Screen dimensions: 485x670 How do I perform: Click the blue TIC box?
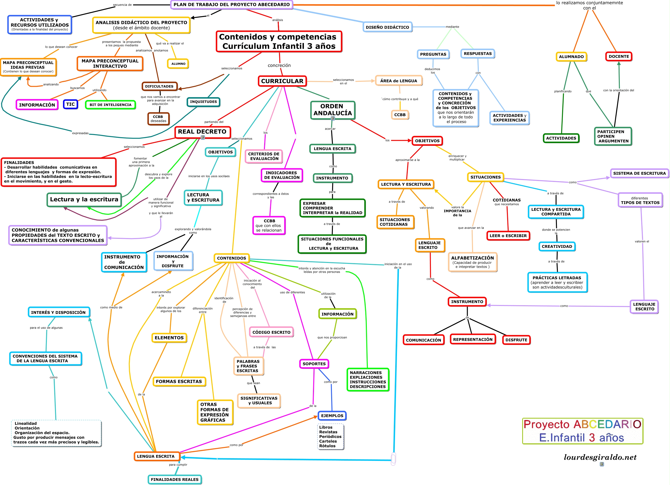[70, 104]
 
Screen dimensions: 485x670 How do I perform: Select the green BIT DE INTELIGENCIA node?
[110, 105]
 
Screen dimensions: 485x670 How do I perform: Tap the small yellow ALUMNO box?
[178, 64]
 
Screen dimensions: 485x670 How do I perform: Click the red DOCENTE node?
[619, 56]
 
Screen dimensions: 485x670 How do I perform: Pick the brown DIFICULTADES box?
[159, 87]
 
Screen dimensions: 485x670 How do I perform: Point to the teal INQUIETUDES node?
[203, 102]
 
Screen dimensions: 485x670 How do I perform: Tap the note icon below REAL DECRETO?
[203, 138]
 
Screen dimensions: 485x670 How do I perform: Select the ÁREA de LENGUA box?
[399, 81]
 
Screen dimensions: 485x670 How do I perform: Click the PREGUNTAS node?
[433, 54]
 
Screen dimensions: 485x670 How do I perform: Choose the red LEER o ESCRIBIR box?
[508, 236]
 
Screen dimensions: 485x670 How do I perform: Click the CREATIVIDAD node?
[557, 246]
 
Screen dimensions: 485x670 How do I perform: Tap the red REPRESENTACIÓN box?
[473, 339]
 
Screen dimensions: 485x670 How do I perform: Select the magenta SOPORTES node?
[314, 364]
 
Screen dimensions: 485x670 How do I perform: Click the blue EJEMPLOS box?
[332, 416]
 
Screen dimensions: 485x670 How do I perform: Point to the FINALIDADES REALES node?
[175, 480]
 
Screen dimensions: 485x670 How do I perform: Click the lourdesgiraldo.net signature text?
[600, 457]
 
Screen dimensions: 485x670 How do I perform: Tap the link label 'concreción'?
[279, 65]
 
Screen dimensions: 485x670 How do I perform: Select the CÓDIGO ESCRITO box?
[271, 332]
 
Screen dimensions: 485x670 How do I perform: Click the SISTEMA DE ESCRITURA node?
[639, 173]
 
